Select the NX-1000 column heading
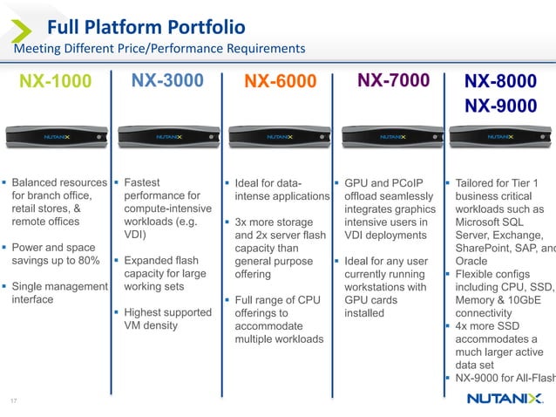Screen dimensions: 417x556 (x=55, y=82)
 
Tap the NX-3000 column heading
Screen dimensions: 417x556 (x=166, y=81)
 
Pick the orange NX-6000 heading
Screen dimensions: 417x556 (x=280, y=82)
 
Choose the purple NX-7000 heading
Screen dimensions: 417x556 (x=393, y=81)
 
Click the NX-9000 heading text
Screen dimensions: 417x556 (x=499, y=106)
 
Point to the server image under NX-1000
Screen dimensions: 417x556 (x=55, y=138)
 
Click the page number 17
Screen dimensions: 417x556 (x=13, y=400)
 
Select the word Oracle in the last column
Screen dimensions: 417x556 (x=473, y=261)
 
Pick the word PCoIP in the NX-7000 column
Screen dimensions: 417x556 (x=405, y=183)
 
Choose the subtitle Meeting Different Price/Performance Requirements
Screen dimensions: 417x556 (x=159, y=47)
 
